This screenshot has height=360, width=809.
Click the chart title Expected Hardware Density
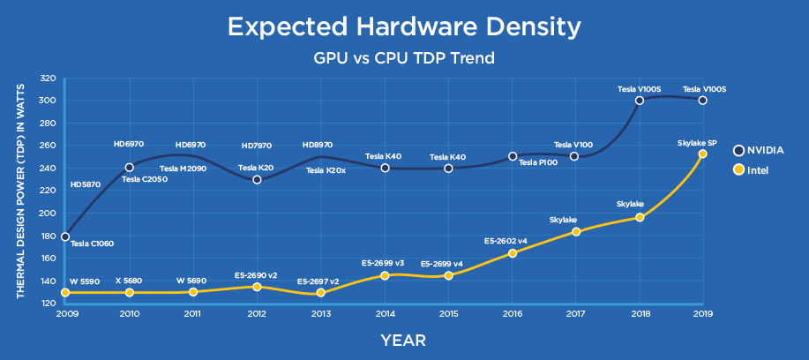[x=403, y=26]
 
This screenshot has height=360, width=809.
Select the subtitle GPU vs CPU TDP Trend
[x=403, y=59]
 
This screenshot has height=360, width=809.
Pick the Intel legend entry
[x=752, y=169]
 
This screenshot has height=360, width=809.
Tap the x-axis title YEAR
[x=404, y=339]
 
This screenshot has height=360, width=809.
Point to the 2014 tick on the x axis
[x=385, y=313]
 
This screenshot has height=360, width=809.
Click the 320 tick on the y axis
[x=49, y=78]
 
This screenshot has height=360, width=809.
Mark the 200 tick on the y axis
[x=49, y=213]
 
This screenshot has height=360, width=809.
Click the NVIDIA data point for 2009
[x=65, y=236]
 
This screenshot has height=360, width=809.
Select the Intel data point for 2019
[x=702, y=154]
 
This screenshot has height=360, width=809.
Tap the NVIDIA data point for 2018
[x=639, y=101]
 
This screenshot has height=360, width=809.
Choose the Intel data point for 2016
[x=513, y=253]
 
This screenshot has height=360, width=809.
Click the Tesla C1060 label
[x=91, y=244]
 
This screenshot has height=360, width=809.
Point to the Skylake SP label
[x=697, y=142]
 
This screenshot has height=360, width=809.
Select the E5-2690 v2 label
[x=256, y=275]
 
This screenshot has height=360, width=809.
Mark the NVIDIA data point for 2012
[x=257, y=179]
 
